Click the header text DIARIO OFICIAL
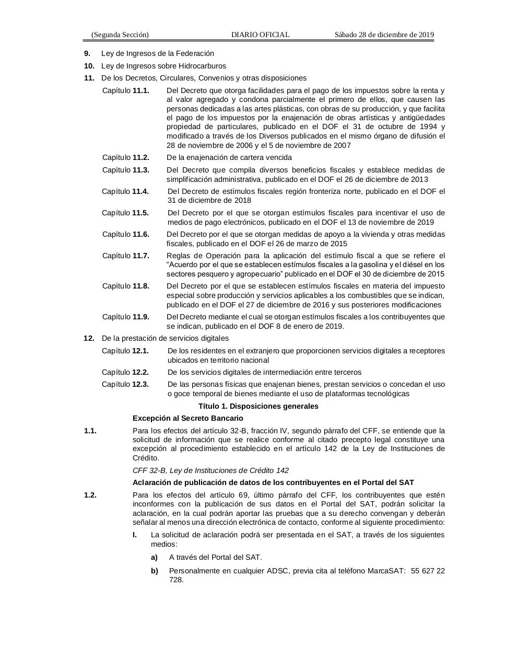pyautogui.click(x=260, y=35)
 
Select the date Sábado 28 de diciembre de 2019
pyautogui.click(x=384, y=35)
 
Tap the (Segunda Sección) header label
pyautogui.click(x=120, y=35)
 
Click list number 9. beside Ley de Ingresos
pyautogui.click(x=87, y=53)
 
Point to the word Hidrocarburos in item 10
pyautogui.click(x=202, y=66)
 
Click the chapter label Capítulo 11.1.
pyautogui.click(x=125, y=90)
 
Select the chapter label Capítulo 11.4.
pyautogui.click(x=125, y=191)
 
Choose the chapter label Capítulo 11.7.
pyautogui.click(x=125, y=256)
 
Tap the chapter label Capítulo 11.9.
pyautogui.click(x=125, y=317)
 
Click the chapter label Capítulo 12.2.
pyautogui.click(x=125, y=372)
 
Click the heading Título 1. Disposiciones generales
pyautogui.click(x=258, y=406)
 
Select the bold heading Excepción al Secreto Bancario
pyautogui.click(x=187, y=418)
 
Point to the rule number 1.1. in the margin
pyautogui.click(x=90, y=431)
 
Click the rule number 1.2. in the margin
pyautogui.click(x=90, y=495)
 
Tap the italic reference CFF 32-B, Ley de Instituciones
pyautogui.click(x=210, y=470)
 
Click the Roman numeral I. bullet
pyautogui.click(x=135, y=535)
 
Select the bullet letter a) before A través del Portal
pyautogui.click(x=154, y=557)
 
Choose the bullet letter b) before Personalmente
pyautogui.click(x=154, y=571)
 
